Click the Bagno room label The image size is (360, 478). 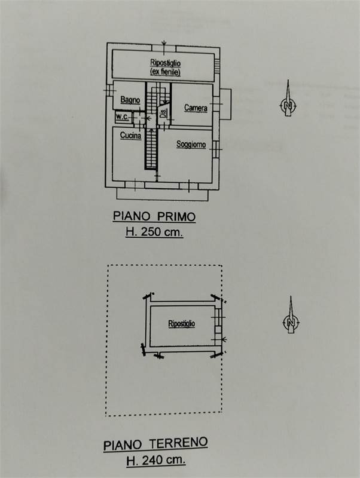click(x=130, y=100)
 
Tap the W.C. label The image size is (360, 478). click(x=123, y=117)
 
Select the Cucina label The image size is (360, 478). click(x=130, y=136)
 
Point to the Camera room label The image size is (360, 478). click(x=196, y=108)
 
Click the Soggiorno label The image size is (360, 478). click(x=191, y=144)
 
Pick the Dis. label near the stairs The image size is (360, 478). click(x=164, y=114)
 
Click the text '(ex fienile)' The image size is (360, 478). click(x=165, y=72)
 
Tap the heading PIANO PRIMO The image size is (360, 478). click(x=154, y=216)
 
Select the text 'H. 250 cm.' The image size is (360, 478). click(x=154, y=232)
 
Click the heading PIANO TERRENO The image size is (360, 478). click(x=155, y=443)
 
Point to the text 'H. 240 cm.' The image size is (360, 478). click(x=156, y=459)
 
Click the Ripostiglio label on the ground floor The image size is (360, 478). click(x=182, y=323)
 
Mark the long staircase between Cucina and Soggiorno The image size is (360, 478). click(x=151, y=149)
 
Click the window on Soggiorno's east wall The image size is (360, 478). click(x=216, y=149)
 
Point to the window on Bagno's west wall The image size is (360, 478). click(x=109, y=90)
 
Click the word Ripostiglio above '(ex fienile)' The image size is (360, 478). click(x=165, y=63)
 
